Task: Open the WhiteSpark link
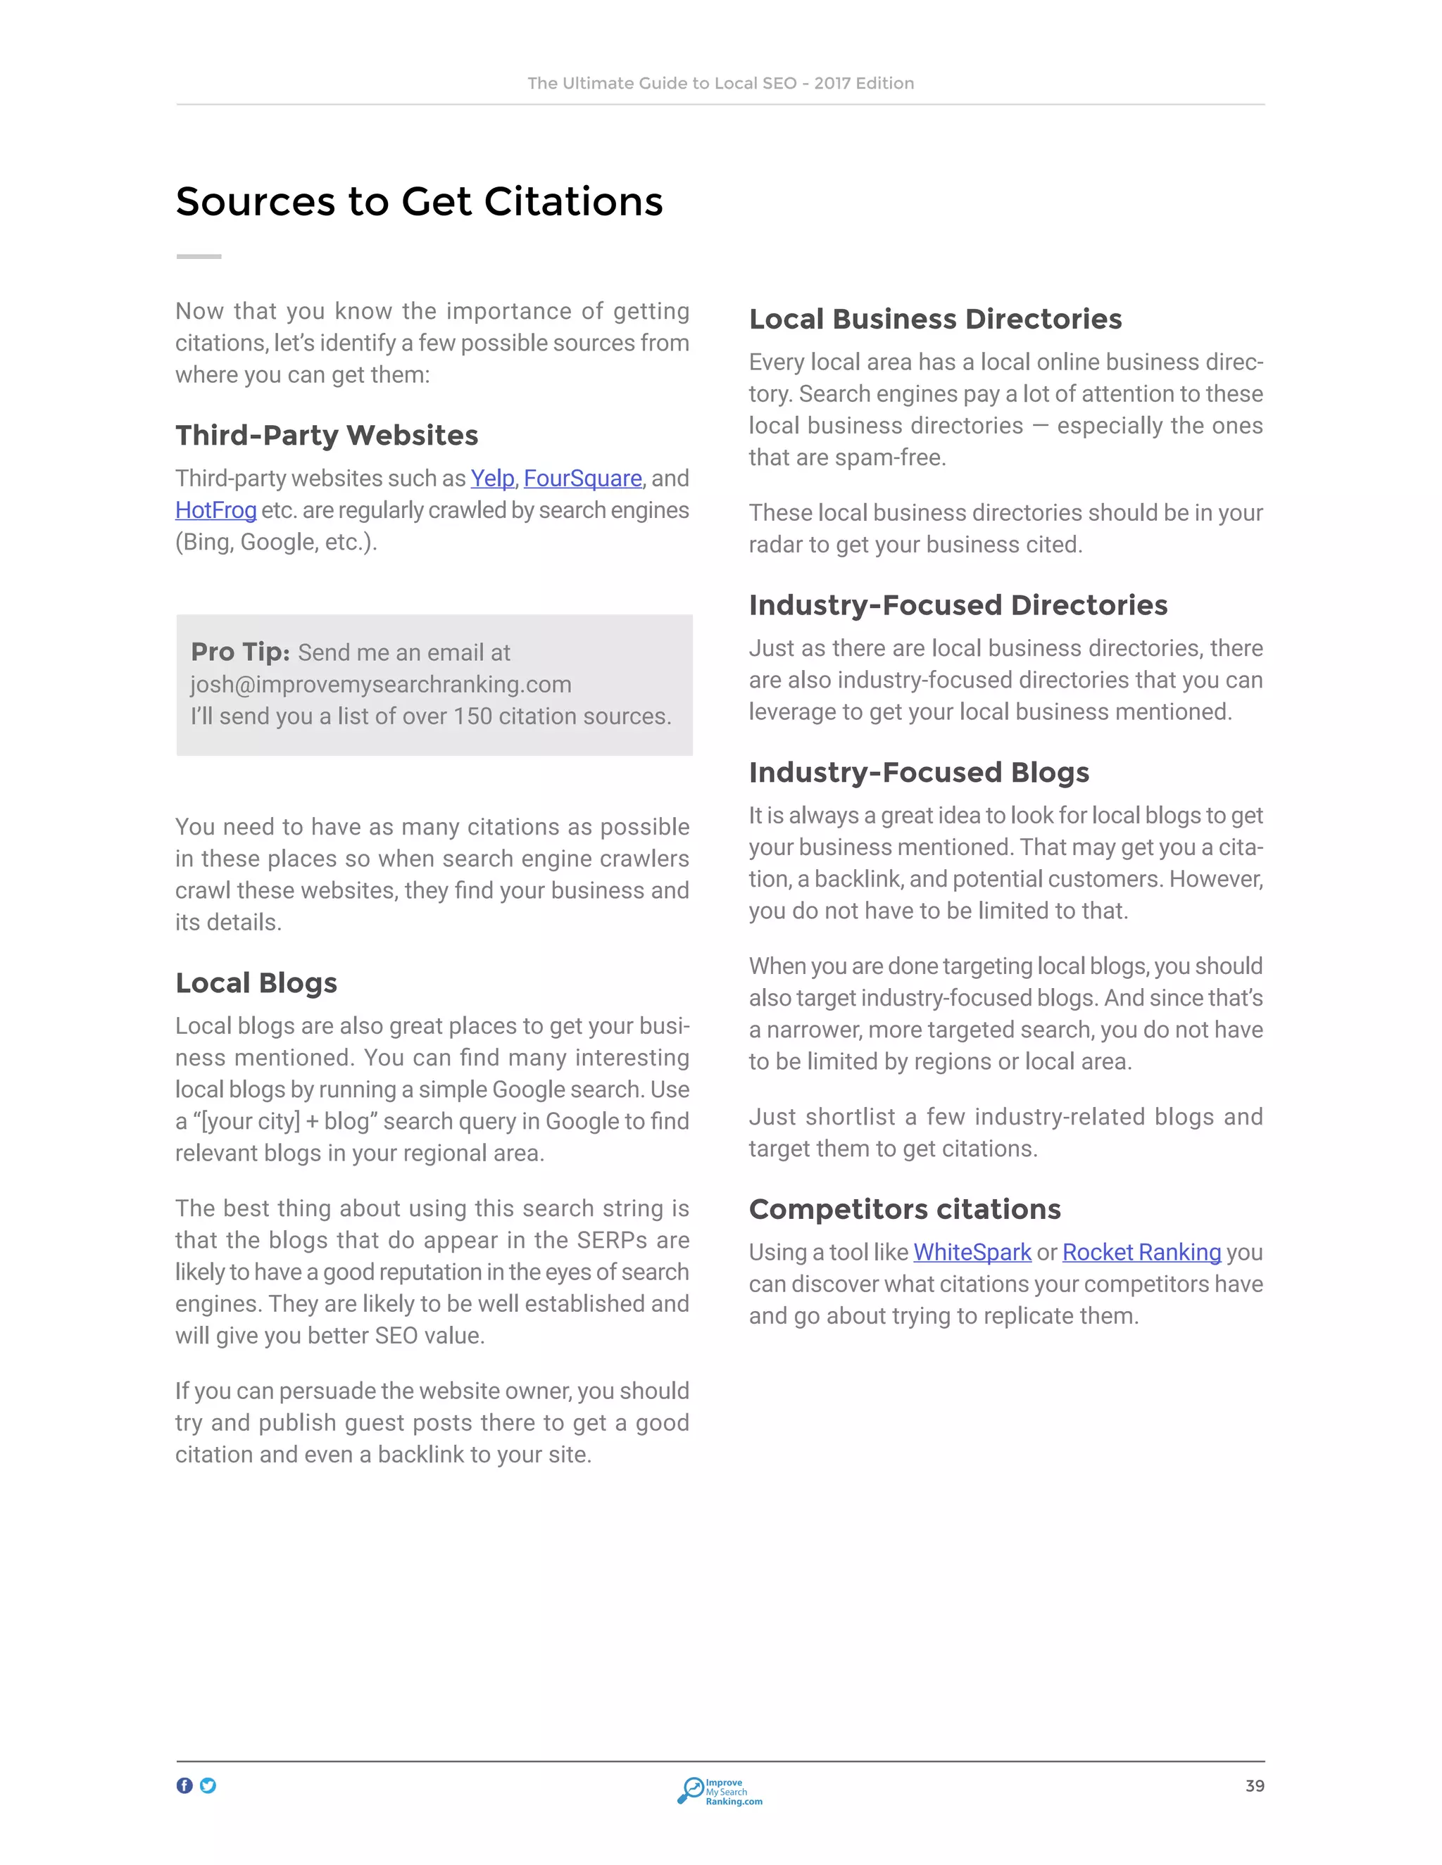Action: point(972,1252)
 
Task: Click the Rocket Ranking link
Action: point(1141,1252)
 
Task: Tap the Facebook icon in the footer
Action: point(184,1785)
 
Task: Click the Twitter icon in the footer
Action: point(208,1785)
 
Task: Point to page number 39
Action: point(1254,1785)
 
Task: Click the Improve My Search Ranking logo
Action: point(720,1790)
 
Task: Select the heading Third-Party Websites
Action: point(326,436)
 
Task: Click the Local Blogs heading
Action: point(256,983)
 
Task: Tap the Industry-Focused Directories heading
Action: point(958,605)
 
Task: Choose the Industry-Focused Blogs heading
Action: point(919,772)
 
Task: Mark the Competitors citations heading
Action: point(905,1209)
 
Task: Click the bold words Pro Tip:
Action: point(240,652)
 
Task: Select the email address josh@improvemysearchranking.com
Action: point(381,684)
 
